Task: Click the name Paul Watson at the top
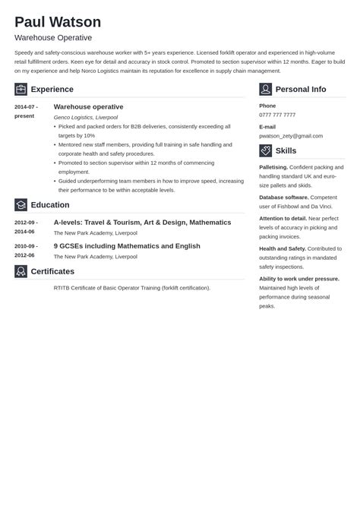point(58,21)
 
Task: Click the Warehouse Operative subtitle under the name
point(53,37)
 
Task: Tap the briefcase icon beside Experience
point(21,89)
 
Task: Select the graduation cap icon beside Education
point(21,204)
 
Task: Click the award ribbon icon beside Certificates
point(21,271)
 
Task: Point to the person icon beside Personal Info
point(265,89)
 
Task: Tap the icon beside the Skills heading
point(265,150)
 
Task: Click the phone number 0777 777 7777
point(277,115)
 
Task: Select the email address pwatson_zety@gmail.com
point(291,136)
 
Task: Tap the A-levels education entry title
point(142,223)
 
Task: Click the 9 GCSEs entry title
point(127,246)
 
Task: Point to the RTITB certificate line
point(132,288)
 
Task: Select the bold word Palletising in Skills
point(273,166)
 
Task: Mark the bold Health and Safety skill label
point(283,248)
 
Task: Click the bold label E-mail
point(267,127)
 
